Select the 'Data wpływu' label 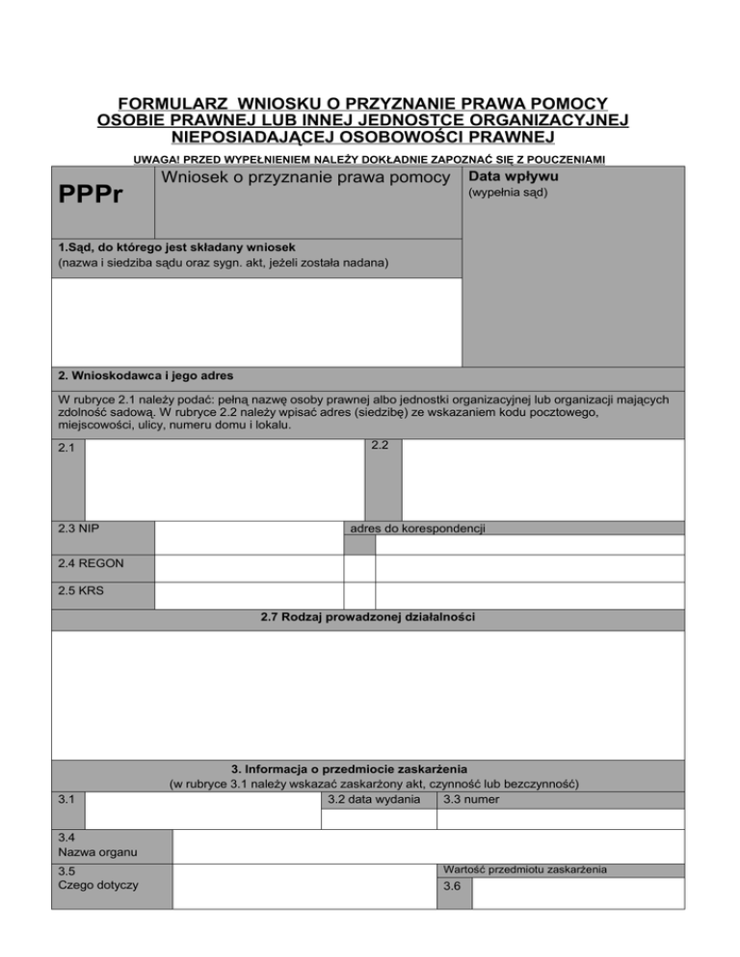point(512,176)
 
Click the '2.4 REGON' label point(90,563)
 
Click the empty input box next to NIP point(249,537)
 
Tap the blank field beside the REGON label point(249,567)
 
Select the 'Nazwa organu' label point(97,852)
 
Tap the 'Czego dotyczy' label point(98,885)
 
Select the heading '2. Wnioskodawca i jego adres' point(145,375)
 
